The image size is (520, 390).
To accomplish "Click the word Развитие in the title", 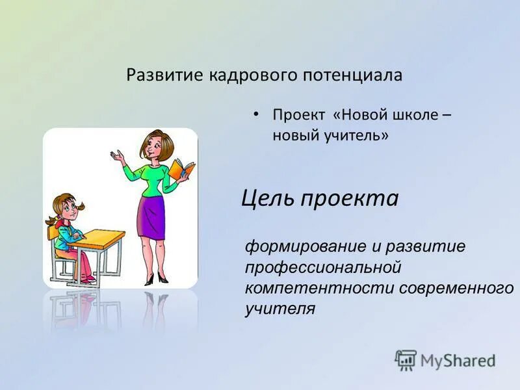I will [165, 75].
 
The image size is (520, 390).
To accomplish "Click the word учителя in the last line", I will [279, 308].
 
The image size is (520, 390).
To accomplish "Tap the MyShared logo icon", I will [406, 359].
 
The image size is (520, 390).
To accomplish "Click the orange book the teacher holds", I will [181, 171].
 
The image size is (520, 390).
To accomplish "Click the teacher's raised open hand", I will [117, 156].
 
